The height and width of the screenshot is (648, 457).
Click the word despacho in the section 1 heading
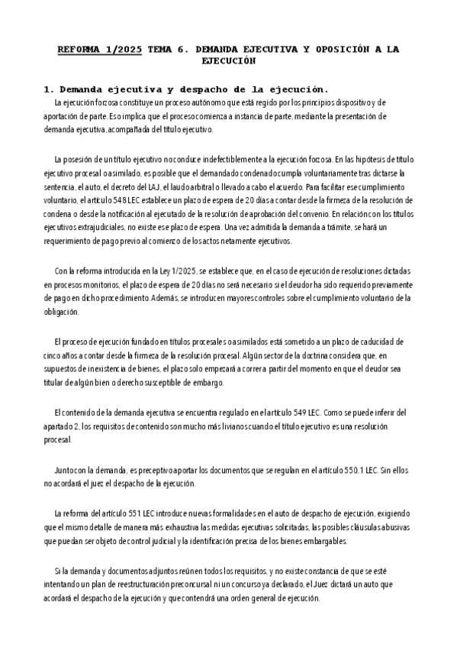pos(214,88)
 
